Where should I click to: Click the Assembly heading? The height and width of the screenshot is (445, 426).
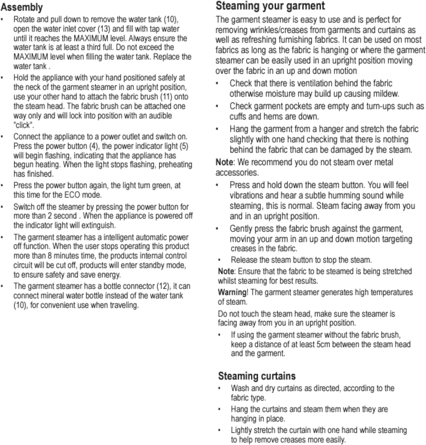[x=22, y=7]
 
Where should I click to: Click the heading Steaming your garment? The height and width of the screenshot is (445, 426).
[x=270, y=6]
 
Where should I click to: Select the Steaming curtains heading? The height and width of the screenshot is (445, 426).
[x=257, y=376]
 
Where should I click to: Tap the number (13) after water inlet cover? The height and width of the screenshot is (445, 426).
[x=104, y=29]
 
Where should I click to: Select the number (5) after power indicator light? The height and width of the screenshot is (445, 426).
[x=184, y=146]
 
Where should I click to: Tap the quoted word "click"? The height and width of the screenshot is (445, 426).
[x=24, y=125]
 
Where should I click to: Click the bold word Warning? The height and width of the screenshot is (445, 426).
[x=233, y=292]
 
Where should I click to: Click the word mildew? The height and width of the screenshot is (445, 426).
[x=386, y=94]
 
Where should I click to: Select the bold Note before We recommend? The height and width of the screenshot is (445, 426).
[x=224, y=162]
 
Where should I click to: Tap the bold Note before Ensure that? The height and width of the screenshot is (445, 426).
[x=226, y=271]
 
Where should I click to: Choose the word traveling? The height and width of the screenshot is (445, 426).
[x=124, y=305]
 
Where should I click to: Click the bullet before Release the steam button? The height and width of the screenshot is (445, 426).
[x=219, y=260]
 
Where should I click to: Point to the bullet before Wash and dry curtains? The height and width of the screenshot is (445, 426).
[x=219, y=388]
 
